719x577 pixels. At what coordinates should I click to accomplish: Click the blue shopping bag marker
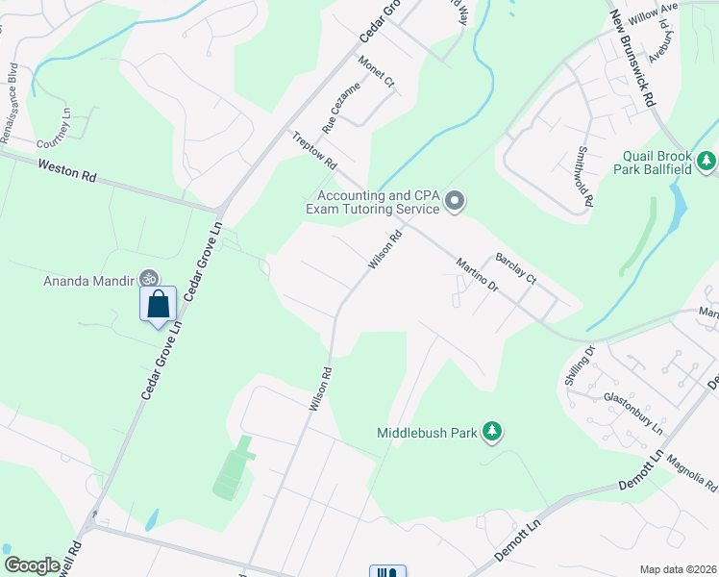pyautogui.click(x=159, y=305)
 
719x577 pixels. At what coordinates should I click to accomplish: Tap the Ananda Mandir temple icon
pyautogui.click(x=148, y=278)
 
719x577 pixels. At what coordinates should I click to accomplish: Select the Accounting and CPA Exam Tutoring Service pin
pyautogui.click(x=455, y=201)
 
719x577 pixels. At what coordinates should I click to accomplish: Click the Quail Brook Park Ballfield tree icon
pyautogui.click(x=707, y=159)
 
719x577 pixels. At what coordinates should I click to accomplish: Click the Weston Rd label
pyautogui.click(x=68, y=171)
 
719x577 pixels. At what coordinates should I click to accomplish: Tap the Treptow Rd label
pyautogui.click(x=315, y=148)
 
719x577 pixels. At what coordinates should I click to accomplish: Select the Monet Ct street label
pyautogui.click(x=377, y=72)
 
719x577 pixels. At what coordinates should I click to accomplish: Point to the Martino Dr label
pyautogui.click(x=478, y=275)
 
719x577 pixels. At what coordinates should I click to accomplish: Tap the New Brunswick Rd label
pyautogui.click(x=633, y=58)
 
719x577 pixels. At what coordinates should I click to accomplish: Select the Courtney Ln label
pyautogui.click(x=54, y=141)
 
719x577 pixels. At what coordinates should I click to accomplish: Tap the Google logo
pyautogui.click(x=32, y=565)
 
